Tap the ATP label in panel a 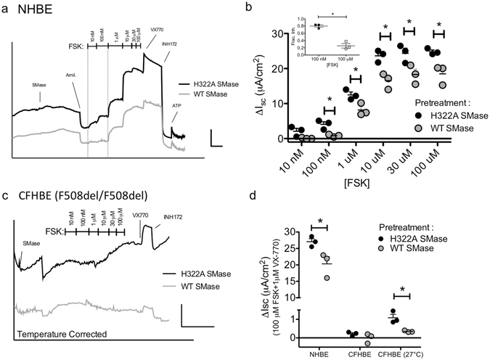[x=176, y=106]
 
